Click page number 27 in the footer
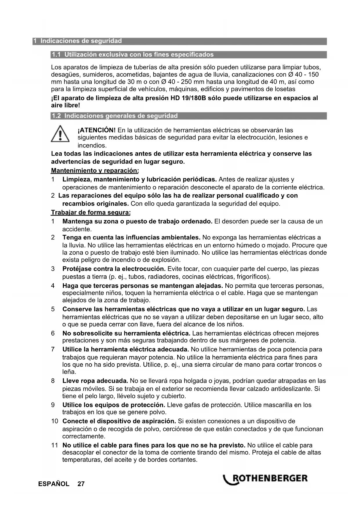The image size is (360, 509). tap(81, 484)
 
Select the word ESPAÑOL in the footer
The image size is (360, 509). tap(54, 484)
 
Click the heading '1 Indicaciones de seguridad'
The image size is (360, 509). tap(77, 41)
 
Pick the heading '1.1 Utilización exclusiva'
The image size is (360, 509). tap(132, 55)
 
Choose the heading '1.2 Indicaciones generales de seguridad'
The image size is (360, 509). tap(114, 116)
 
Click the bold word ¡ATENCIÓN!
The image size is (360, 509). tap(97, 130)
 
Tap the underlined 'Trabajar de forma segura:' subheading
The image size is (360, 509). tap(91, 213)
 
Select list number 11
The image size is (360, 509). tap(55, 445)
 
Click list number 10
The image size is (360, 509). tap(55, 421)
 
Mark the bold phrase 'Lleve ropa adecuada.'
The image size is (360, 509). tap(95, 381)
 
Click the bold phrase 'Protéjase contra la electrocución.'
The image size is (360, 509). tap(114, 269)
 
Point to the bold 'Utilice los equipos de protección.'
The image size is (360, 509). tap(114, 405)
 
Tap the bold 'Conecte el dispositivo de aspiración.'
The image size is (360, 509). tap(119, 421)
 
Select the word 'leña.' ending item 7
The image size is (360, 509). tap(69, 372)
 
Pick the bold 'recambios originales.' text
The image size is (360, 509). tap(95, 203)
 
